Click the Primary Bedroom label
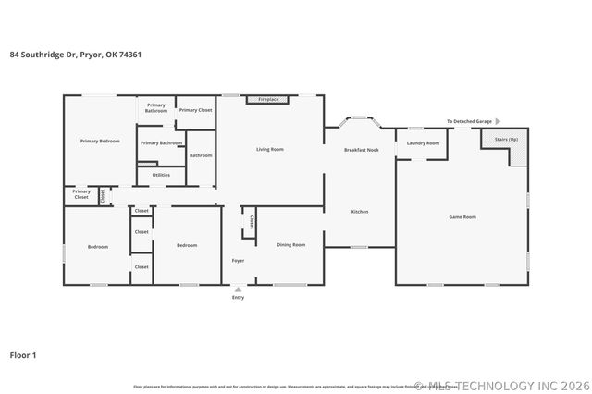click(x=100, y=141)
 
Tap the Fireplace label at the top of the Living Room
click(x=268, y=98)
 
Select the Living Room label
click(x=270, y=149)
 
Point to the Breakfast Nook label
click(x=362, y=149)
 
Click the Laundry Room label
click(x=423, y=143)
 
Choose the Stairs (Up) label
click(x=506, y=138)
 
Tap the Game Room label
click(x=462, y=216)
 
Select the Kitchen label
click(x=360, y=212)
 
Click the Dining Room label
click(x=291, y=244)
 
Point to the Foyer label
click(x=238, y=262)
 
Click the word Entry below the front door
click(x=238, y=297)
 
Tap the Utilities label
click(x=161, y=174)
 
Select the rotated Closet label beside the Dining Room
click(x=253, y=222)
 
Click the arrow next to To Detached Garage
click(x=498, y=121)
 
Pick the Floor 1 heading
click(x=24, y=354)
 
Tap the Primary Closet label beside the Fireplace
click(x=195, y=110)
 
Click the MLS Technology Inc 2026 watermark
click(x=499, y=385)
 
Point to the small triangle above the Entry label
click(x=238, y=289)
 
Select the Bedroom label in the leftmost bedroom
click(x=98, y=246)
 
